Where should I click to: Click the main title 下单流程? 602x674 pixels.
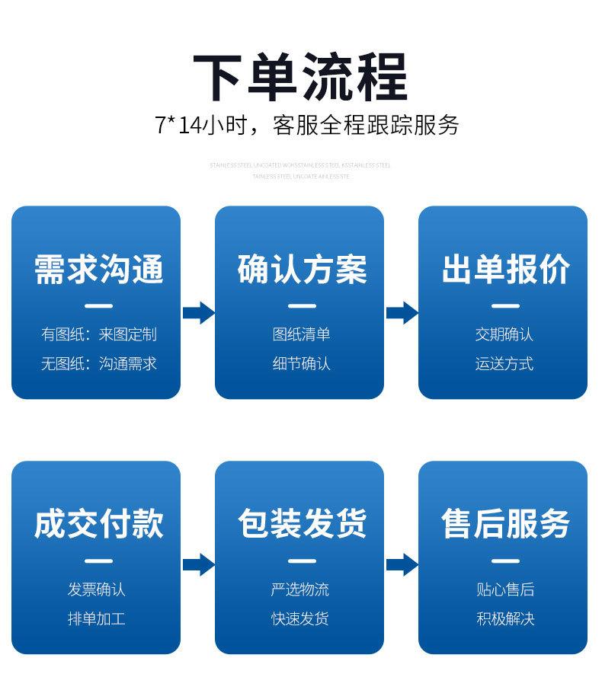301,76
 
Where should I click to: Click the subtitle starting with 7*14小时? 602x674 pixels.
307,126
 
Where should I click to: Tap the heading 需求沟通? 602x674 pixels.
99,270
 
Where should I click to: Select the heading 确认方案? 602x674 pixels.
303,270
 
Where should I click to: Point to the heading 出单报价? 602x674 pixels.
506,270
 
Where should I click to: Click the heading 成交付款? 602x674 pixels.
99,524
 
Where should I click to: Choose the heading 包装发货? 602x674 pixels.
303,524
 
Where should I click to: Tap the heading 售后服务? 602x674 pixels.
506,524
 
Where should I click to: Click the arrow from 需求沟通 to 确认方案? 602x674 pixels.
199,312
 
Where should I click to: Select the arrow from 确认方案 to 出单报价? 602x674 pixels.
402,312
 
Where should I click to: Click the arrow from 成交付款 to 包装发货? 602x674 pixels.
199,564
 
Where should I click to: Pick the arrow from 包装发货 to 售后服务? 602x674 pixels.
402,564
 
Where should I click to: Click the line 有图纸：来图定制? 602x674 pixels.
99,334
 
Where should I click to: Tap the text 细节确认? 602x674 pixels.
302,363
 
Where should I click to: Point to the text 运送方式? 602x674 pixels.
504,363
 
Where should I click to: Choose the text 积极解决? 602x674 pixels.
506,618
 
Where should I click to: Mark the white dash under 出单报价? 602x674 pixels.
505,306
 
